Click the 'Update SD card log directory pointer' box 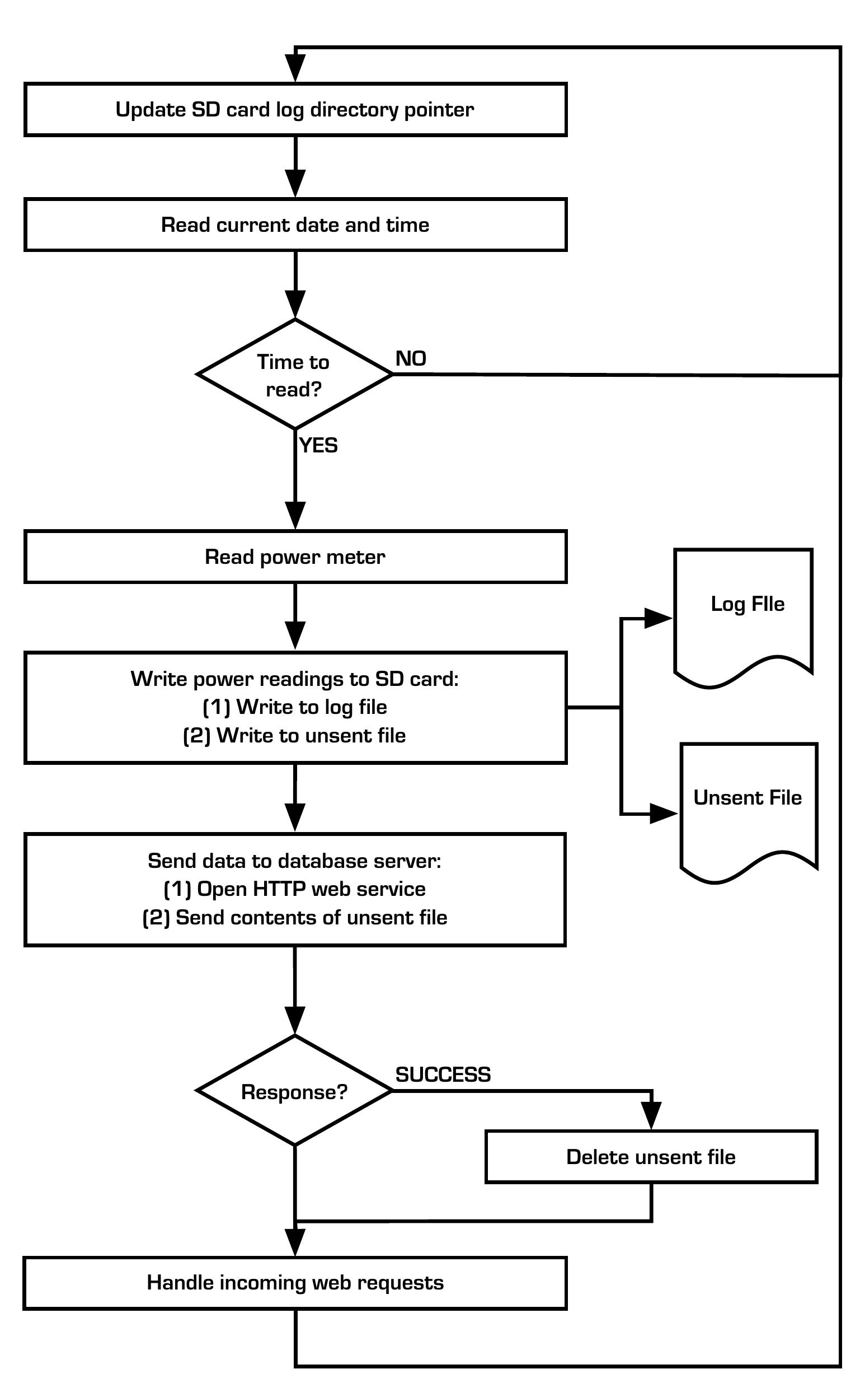pyautogui.click(x=295, y=109)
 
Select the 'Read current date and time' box pyautogui.click(x=295, y=225)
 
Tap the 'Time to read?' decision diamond pyautogui.click(x=294, y=375)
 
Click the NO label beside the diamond pyautogui.click(x=411, y=359)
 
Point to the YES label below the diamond pyautogui.click(x=318, y=446)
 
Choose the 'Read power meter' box pyautogui.click(x=295, y=557)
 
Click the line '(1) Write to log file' pyautogui.click(x=295, y=707)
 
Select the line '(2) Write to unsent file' pyautogui.click(x=295, y=735)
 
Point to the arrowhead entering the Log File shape pyautogui.click(x=659, y=619)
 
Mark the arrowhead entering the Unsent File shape pyautogui.click(x=664, y=814)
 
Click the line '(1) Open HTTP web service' pyautogui.click(x=295, y=889)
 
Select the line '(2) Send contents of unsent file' pyautogui.click(x=295, y=917)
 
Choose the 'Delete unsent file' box pyautogui.click(x=651, y=1157)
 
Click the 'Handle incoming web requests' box pyautogui.click(x=295, y=1282)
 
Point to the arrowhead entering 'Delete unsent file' pyautogui.click(x=652, y=1116)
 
